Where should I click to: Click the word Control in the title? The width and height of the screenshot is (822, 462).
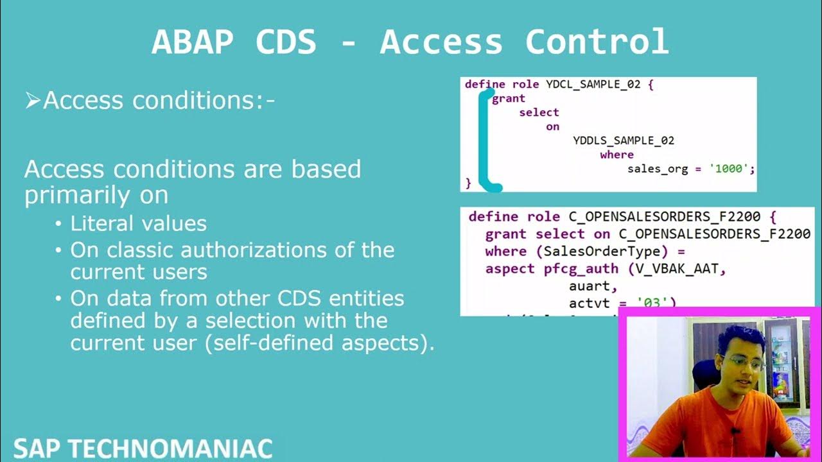pyautogui.click(x=597, y=42)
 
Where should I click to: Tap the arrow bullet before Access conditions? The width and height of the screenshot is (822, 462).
pyautogui.click(x=32, y=101)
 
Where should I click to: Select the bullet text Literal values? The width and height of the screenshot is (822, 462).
pyautogui.click(x=138, y=223)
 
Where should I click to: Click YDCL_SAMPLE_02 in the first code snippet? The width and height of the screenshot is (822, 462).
pyautogui.click(x=593, y=84)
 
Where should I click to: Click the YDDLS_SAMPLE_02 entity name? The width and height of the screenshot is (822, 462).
pyautogui.click(x=624, y=141)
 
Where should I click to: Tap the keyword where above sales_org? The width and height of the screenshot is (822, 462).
pyautogui.click(x=616, y=155)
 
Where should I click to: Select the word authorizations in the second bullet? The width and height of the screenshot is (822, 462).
pyautogui.click(x=294, y=250)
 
